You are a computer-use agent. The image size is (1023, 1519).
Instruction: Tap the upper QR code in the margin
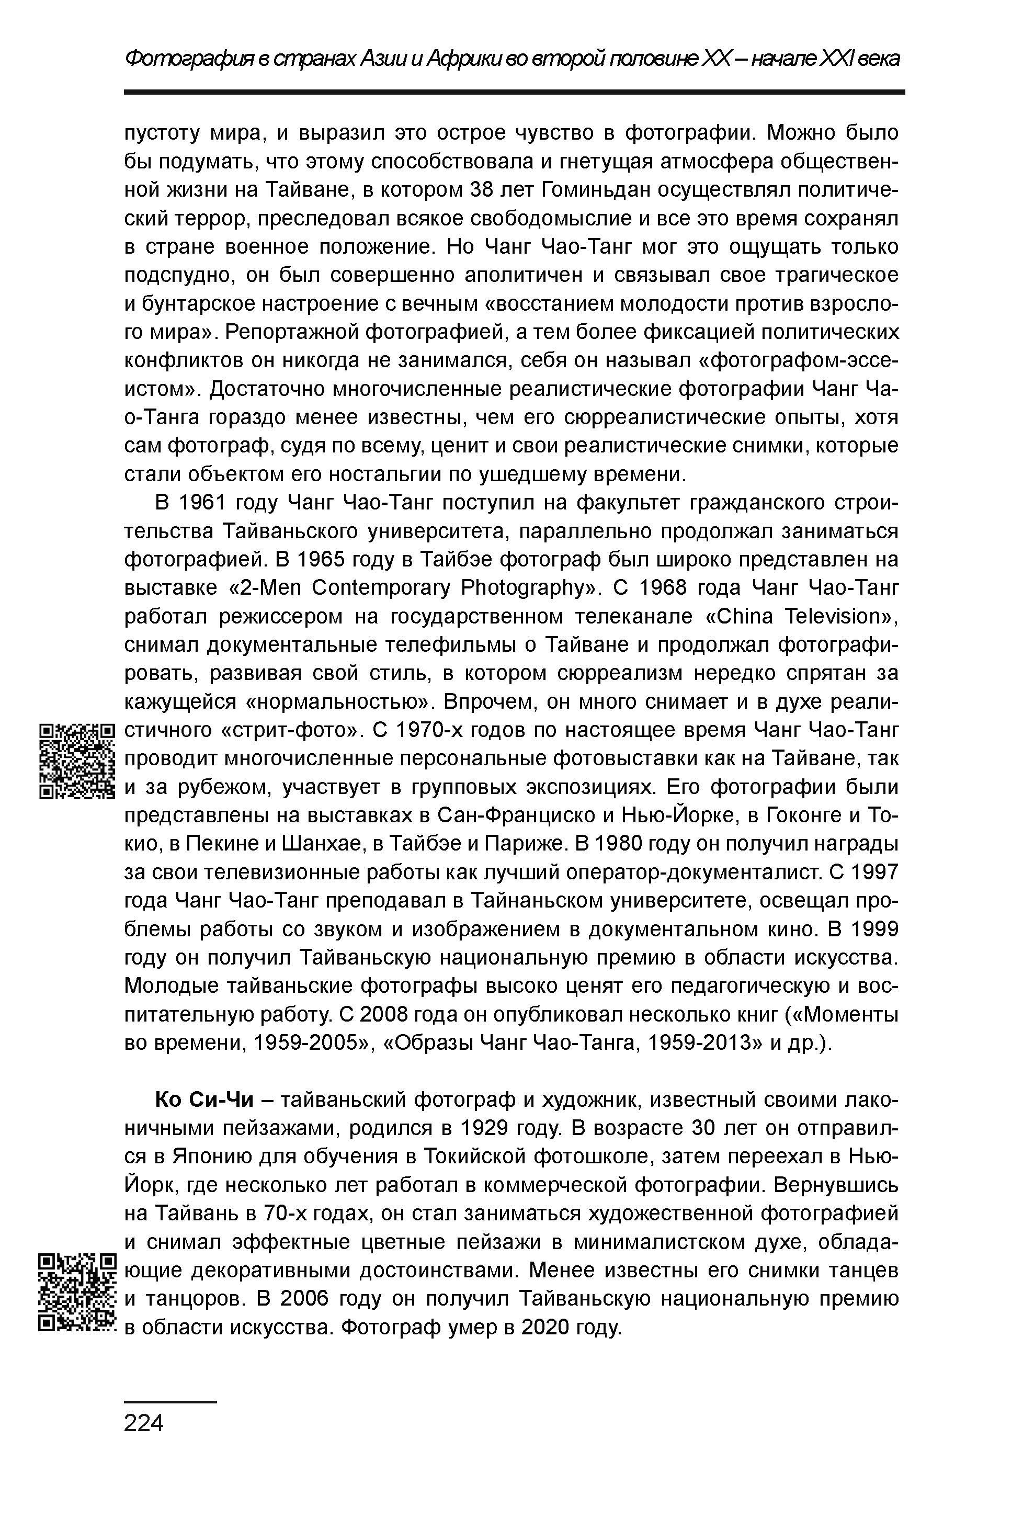pos(77,761)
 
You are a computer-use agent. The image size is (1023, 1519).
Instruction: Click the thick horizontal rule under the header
pos(514,93)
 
